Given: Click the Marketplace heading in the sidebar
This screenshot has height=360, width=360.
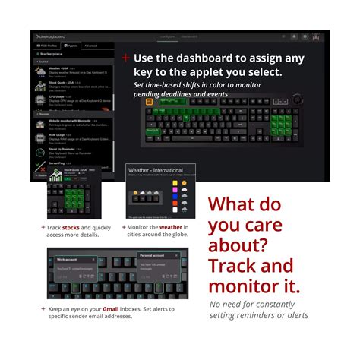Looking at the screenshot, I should click(52, 55).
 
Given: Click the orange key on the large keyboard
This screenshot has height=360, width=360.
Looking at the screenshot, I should click(149, 102).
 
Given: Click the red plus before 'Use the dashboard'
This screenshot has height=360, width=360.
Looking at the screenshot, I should click(126, 58).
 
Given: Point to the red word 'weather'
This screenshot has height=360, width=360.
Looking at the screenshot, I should click(171, 226).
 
